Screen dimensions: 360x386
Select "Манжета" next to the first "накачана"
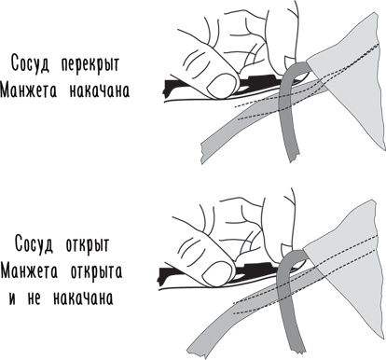[34, 93]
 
